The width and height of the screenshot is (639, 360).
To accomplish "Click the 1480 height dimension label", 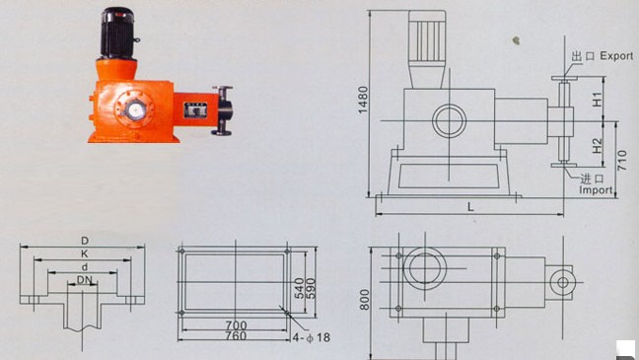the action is (x=363, y=100).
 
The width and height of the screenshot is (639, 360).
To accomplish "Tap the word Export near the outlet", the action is (x=616, y=56).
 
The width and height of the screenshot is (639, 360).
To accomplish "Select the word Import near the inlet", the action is (x=596, y=190).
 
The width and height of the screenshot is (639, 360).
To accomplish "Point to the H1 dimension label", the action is (x=597, y=99).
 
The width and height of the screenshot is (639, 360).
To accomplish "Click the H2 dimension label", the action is (x=597, y=146).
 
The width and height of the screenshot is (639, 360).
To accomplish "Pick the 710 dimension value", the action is (x=622, y=160).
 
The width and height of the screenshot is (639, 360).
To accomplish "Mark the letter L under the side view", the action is (x=470, y=207).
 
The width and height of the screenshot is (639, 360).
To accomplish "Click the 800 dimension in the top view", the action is (x=364, y=300).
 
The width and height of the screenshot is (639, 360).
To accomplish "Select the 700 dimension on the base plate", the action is (x=237, y=325).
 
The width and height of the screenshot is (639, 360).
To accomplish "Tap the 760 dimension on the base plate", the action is (x=237, y=336).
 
